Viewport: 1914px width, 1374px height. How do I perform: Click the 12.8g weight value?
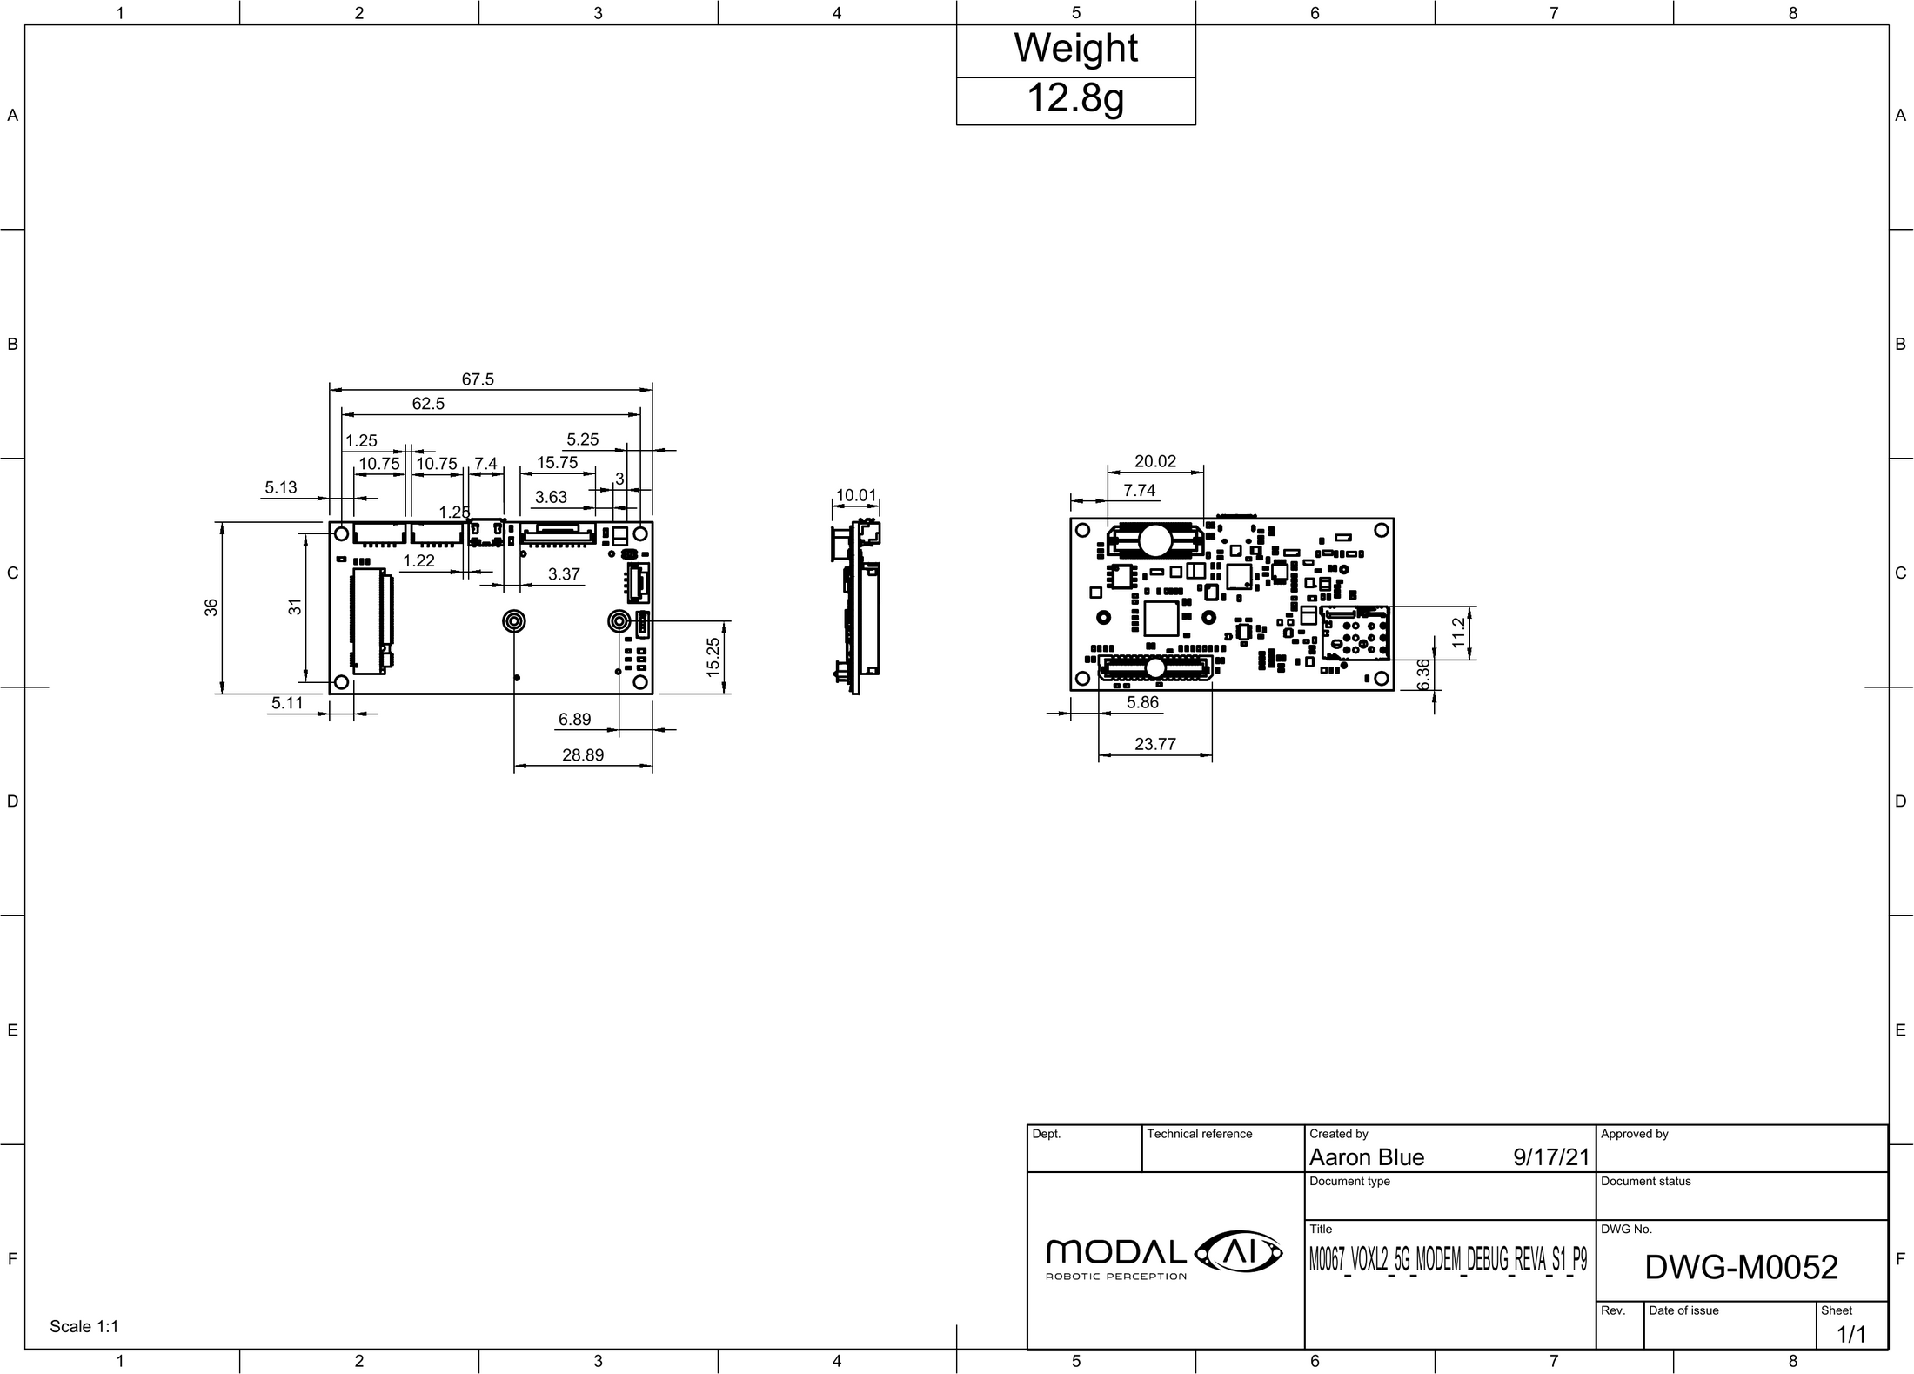tap(1075, 98)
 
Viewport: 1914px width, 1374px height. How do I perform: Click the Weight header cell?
tap(1075, 48)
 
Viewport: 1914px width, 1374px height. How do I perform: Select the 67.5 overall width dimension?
tap(478, 379)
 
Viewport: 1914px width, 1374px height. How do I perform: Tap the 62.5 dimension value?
tap(428, 404)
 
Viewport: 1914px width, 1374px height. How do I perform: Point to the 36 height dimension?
tap(211, 608)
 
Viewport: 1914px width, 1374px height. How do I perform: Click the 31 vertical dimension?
tap(296, 607)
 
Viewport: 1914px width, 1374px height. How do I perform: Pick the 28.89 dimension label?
tap(583, 755)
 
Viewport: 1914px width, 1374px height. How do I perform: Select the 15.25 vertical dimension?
tap(713, 657)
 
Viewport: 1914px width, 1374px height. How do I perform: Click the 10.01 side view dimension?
tap(856, 496)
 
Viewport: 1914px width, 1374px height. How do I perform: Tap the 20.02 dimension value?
tap(1155, 461)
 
